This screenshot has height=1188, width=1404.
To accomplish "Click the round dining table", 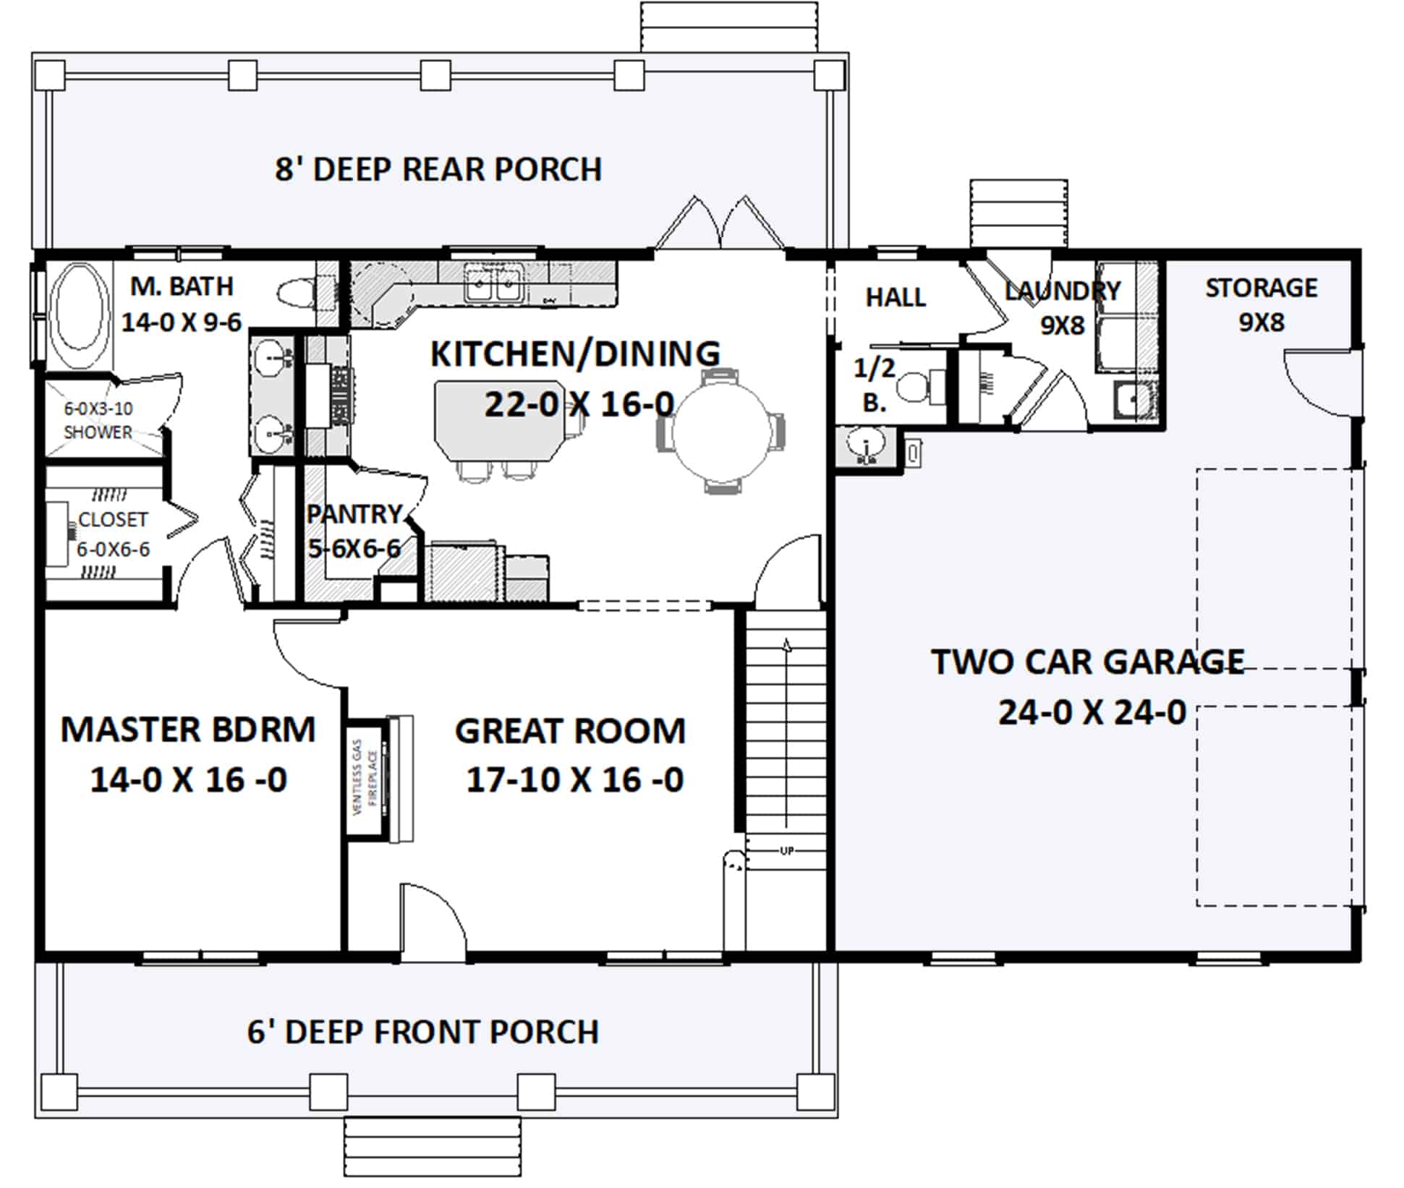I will pyautogui.click(x=721, y=431).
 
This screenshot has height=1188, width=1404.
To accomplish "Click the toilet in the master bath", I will pyautogui.click(x=296, y=293).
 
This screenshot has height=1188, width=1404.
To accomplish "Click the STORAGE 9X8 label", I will pyautogui.click(x=1261, y=304).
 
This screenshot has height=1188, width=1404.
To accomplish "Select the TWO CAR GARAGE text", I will pyautogui.click(x=1087, y=662).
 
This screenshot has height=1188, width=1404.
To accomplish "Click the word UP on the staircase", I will pyautogui.click(x=787, y=850).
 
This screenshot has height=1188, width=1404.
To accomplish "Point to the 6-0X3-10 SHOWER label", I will pyautogui.click(x=98, y=420).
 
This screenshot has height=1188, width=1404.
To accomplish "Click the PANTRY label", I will pyautogui.click(x=354, y=514).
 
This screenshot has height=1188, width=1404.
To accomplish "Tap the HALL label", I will pyautogui.click(x=895, y=297).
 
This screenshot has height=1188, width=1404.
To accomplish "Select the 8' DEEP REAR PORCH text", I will pyautogui.click(x=438, y=169).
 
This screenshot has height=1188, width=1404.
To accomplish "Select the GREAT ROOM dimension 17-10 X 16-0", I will pyautogui.click(x=575, y=779).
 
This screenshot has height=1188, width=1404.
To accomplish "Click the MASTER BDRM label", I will pyautogui.click(x=188, y=730).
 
